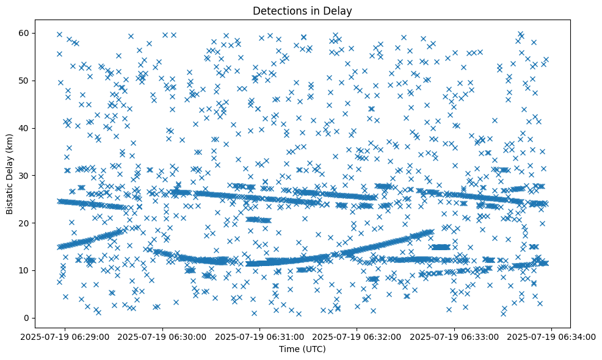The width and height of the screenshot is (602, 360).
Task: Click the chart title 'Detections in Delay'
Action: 302,10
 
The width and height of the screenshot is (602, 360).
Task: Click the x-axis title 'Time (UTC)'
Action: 302,349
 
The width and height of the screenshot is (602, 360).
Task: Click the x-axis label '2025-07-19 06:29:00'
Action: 66,336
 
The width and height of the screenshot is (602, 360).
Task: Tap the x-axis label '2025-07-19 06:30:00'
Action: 163,336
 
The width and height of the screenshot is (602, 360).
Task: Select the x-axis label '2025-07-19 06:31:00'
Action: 261,336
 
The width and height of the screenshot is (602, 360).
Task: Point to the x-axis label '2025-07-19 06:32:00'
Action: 358,336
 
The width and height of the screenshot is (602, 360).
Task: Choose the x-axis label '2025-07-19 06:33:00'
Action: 455,336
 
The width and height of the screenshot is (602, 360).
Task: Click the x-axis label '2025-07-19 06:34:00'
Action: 552,336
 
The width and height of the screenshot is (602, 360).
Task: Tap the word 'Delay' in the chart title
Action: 339,10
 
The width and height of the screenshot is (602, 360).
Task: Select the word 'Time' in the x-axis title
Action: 289,349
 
